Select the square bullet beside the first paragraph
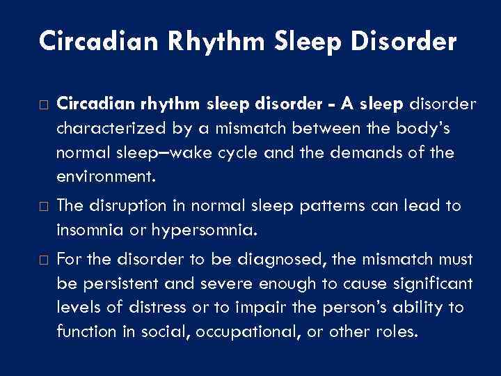pos(44,104)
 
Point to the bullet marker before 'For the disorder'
pos(44,260)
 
